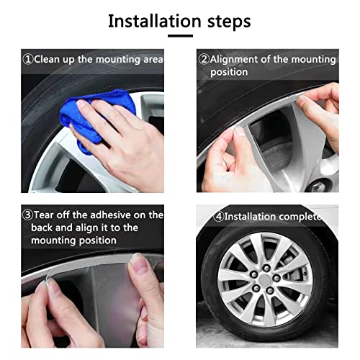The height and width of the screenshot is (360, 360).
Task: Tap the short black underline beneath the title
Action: coord(180,35)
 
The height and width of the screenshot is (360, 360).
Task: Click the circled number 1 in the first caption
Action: coord(27,59)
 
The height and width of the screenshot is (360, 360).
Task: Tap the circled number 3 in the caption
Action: coord(27,215)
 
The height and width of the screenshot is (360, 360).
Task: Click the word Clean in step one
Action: coord(47,59)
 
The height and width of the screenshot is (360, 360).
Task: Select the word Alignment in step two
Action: coord(237,59)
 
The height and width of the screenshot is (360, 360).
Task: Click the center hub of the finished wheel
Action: coord(266,278)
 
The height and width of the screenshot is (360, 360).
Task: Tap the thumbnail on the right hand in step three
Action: coord(139,266)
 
